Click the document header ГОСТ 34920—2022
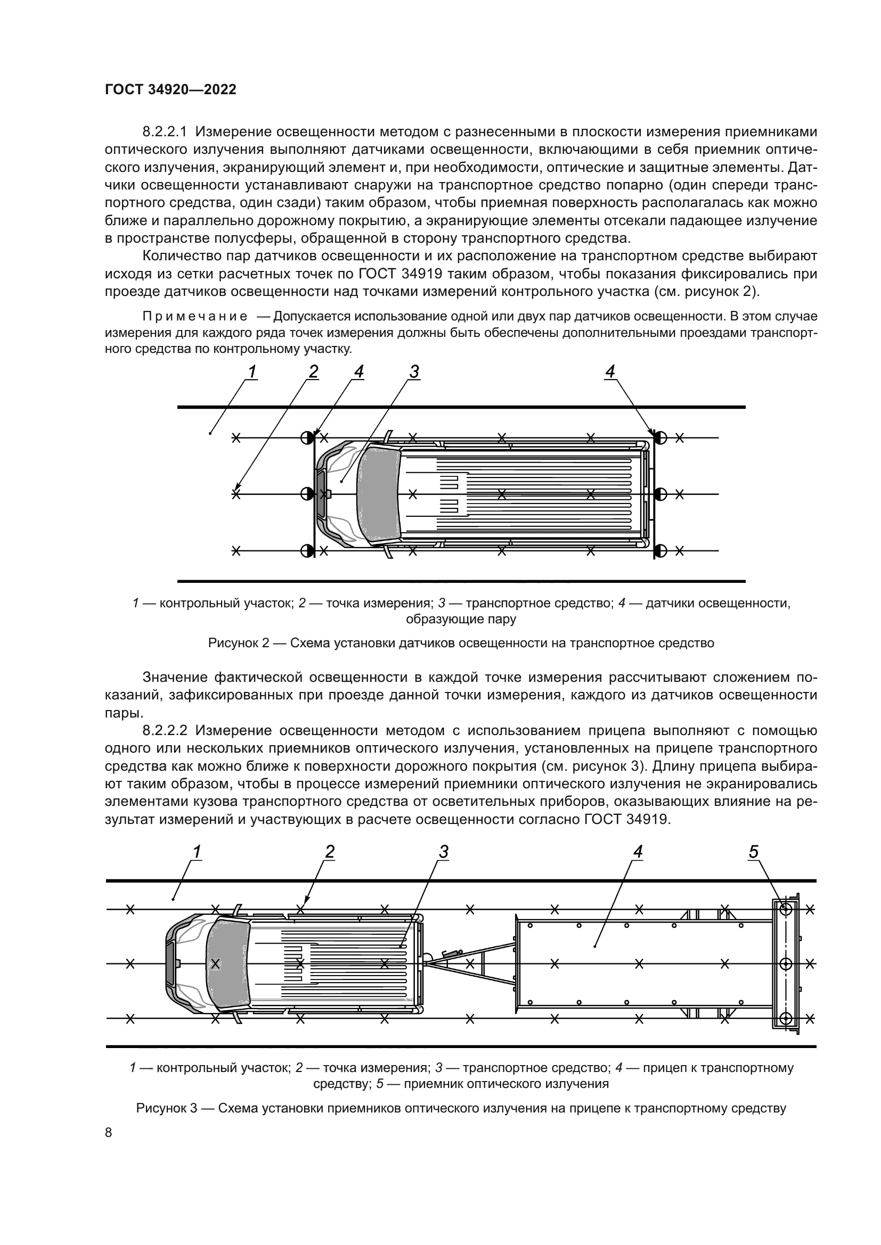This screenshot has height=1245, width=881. point(170,90)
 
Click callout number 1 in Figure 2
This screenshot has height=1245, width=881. point(252,372)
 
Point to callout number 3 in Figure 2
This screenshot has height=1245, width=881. point(414,372)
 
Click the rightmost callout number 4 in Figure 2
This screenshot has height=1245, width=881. point(610,372)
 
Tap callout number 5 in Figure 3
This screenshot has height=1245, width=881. point(754,852)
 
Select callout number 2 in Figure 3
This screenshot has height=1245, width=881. point(330,852)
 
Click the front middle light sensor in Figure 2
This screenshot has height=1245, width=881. point(307,494)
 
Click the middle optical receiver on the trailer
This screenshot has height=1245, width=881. point(786,963)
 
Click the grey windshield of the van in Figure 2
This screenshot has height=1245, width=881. point(379,494)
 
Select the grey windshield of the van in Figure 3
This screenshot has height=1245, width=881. point(228,963)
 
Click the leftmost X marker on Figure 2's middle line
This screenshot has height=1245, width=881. point(236,494)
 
